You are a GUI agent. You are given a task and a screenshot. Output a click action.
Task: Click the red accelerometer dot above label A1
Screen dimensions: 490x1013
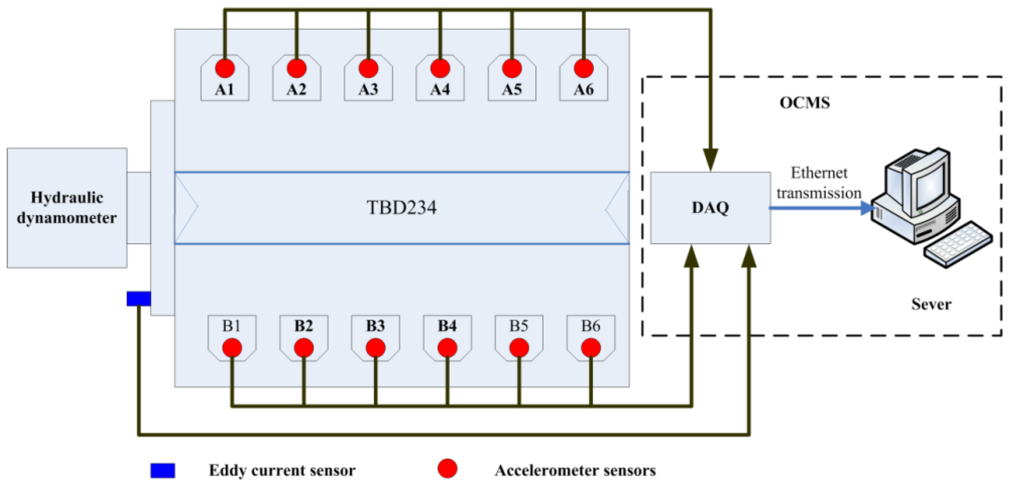(x=224, y=68)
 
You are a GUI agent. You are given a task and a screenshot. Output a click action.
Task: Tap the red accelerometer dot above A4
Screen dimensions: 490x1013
(x=440, y=68)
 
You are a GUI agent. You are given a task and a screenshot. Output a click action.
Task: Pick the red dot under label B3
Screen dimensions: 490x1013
(x=375, y=348)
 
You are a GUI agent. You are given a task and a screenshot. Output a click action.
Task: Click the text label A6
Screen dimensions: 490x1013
(x=583, y=90)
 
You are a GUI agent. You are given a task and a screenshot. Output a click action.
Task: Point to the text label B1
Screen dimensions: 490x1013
(x=231, y=326)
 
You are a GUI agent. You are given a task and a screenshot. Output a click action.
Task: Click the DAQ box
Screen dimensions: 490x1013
(x=710, y=208)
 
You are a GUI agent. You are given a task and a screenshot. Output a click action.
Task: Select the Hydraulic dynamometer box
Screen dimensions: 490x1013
(x=67, y=208)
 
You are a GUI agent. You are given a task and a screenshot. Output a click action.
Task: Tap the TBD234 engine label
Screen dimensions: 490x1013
(x=402, y=208)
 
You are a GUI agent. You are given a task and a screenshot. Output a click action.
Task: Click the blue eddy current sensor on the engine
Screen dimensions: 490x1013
(x=138, y=299)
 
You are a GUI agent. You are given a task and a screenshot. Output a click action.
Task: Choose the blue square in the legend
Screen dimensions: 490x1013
(x=162, y=471)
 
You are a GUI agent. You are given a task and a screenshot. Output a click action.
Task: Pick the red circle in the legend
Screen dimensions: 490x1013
(x=448, y=469)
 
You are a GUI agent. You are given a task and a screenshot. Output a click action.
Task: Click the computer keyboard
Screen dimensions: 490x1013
(x=959, y=246)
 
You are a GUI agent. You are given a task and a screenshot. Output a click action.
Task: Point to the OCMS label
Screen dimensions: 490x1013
(x=805, y=103)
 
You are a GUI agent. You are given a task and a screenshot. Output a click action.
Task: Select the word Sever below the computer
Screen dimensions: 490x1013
(x=931, y=304)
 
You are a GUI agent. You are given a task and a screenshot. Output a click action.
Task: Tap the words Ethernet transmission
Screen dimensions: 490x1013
(x=819, y=183)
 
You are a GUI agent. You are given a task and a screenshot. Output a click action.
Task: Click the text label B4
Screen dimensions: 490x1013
(x=447, y=326)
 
